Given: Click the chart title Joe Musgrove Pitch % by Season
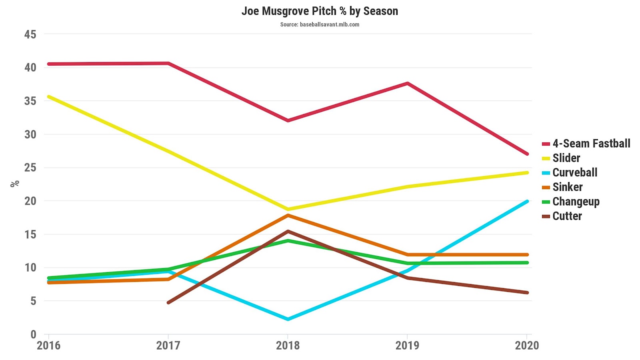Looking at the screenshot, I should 320,11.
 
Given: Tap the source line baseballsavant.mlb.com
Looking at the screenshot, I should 320,24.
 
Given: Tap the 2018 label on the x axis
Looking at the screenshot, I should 288,345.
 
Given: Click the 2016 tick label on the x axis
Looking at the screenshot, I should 48,345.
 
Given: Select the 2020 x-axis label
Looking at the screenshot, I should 527,345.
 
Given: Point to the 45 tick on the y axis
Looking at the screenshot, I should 30,34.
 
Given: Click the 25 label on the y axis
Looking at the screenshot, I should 30,168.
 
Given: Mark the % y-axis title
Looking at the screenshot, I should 15,184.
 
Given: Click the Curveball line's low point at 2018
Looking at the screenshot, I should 288,319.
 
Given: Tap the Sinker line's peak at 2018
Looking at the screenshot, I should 288,216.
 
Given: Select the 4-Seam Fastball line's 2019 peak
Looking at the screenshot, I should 407,83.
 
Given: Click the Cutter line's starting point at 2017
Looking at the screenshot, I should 168,302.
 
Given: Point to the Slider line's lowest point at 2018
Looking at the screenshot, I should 288,209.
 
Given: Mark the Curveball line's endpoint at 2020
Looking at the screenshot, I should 527,202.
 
